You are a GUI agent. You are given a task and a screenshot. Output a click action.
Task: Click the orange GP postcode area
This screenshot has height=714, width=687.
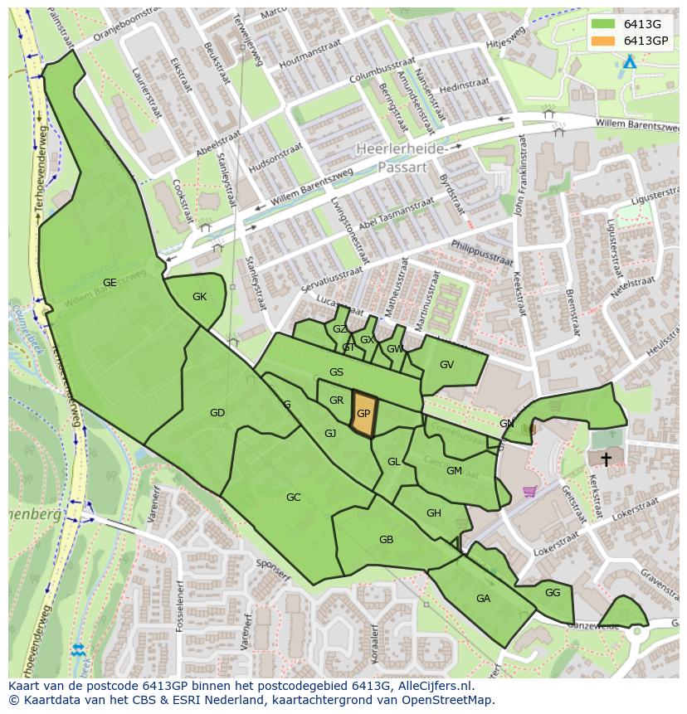[363, 414]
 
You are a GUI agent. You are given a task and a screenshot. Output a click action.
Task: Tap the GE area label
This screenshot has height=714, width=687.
[110, 283]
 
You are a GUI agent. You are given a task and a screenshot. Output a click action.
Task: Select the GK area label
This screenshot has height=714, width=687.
[199, 297]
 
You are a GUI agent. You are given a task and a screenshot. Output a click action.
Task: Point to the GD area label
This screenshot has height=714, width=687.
[217, 413]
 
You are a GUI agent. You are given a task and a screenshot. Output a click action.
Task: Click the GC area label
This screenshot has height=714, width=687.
[293, 498]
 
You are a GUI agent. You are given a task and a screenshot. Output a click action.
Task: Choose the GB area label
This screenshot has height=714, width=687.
[386, 540]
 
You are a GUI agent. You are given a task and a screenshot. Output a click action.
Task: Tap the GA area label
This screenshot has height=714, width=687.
[483, 599]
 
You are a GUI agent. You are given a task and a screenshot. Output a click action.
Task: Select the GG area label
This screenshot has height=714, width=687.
[553, 593]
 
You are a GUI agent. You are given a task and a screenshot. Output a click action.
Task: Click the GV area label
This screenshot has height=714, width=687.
[446, 365]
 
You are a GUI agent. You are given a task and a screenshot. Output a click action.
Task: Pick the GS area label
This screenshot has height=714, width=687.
[336, 372]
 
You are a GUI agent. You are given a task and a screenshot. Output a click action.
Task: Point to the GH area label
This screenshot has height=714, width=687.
[433, 513]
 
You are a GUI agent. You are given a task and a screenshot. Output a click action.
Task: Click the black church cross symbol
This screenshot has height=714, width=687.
[607, 459]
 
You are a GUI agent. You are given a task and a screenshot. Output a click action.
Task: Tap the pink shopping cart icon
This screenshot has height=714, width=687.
[529, 492]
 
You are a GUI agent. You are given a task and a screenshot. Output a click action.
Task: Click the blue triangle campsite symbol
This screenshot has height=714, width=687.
[630, 62]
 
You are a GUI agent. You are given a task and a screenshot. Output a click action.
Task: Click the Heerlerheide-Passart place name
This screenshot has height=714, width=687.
[401, 157]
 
